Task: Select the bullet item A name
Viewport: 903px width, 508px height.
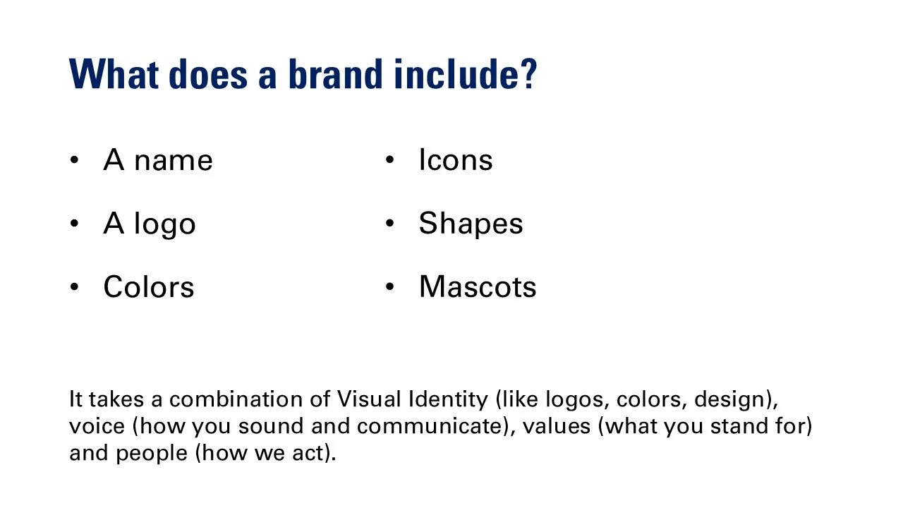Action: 157,160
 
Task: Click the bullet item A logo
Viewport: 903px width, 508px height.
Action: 150,224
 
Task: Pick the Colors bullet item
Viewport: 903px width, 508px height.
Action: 148,287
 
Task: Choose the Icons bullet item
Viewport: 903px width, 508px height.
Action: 455,160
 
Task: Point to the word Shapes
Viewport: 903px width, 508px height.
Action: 471,224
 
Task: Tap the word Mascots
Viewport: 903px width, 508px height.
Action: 478,287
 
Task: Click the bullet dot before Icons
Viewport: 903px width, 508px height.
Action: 389,161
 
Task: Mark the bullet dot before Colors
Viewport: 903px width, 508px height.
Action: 74,288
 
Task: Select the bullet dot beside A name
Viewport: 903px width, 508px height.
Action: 74,161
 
